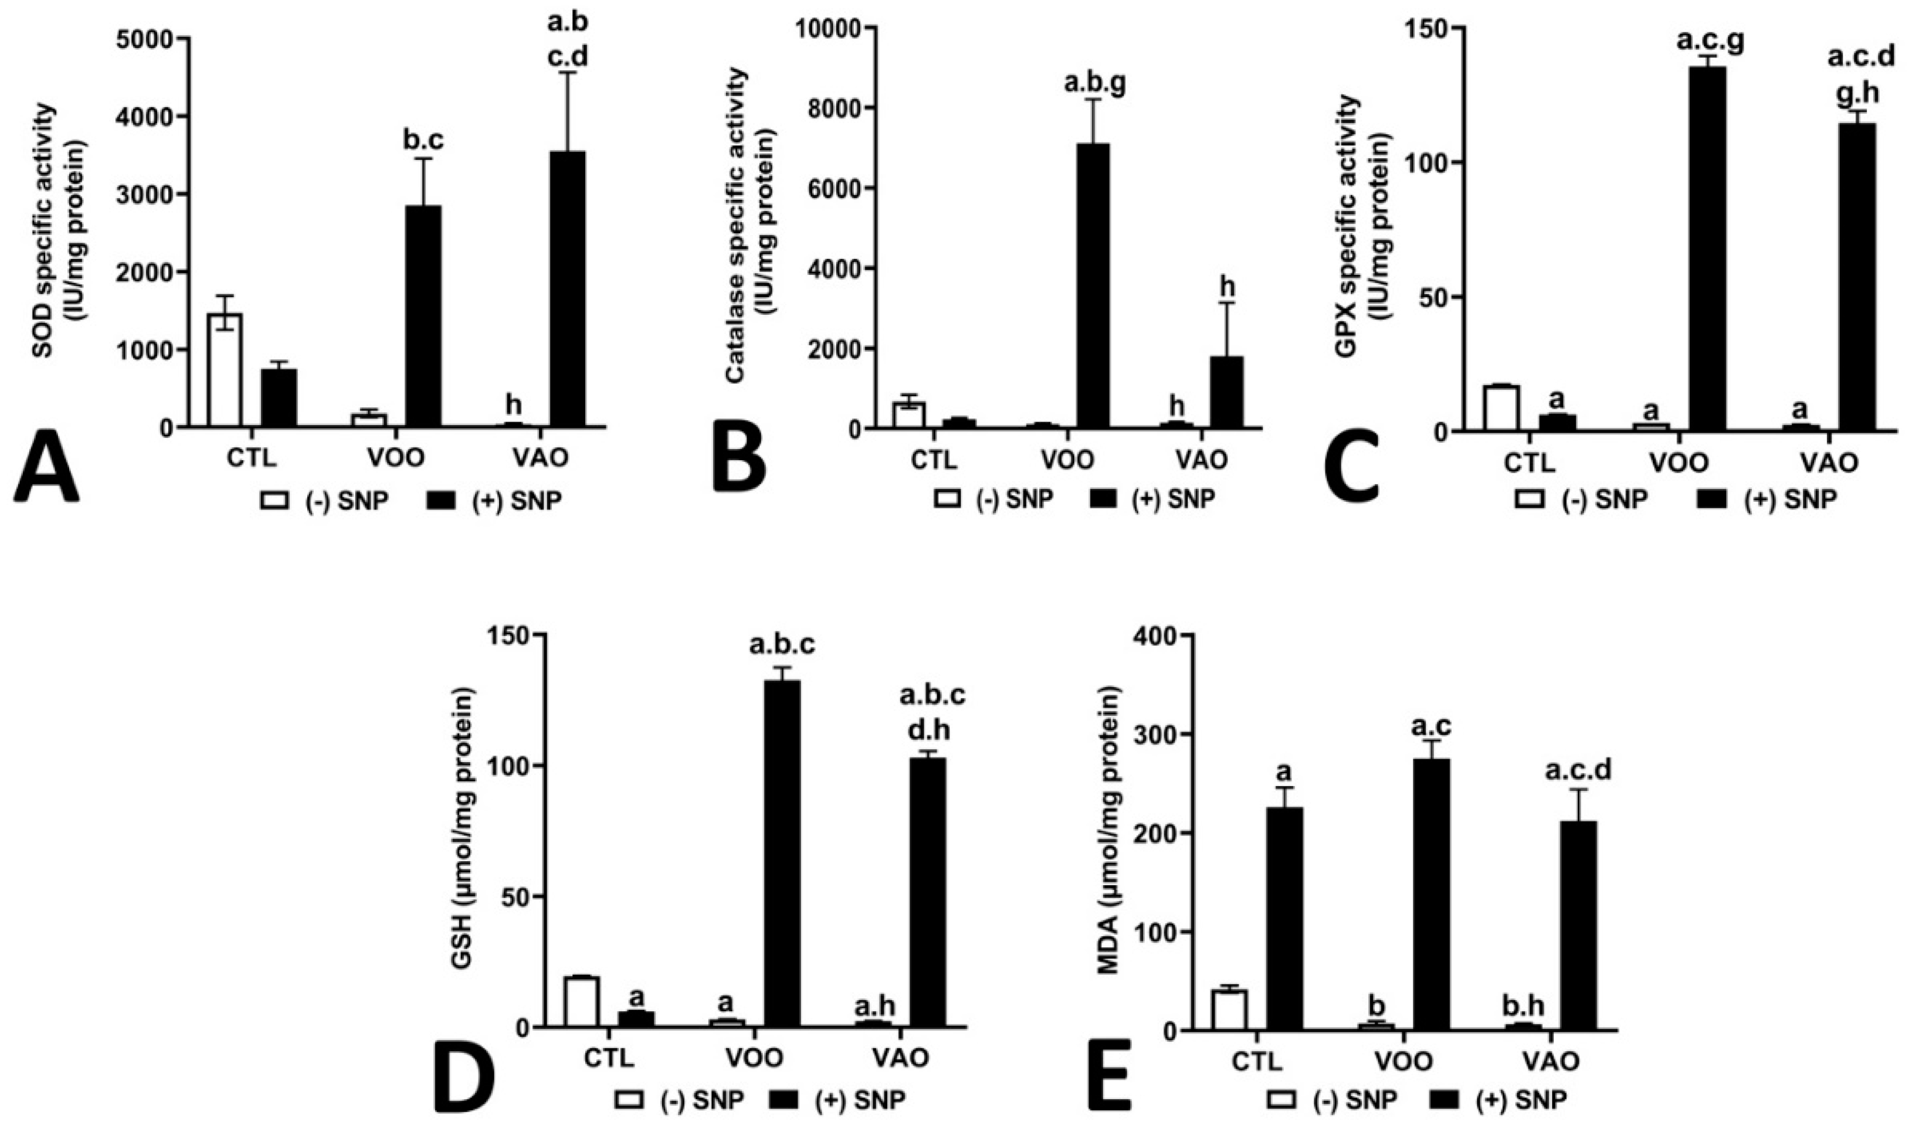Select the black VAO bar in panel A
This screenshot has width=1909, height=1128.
coord(568,290)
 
